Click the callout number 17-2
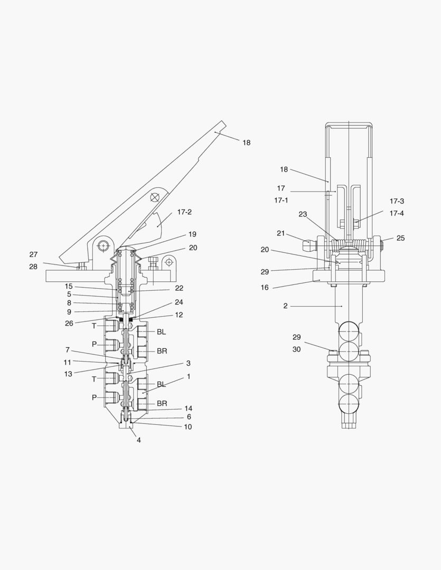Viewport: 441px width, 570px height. tap(184, 212)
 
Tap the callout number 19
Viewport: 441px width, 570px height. tap(192, 234)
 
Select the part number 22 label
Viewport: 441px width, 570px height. tap(179, 288)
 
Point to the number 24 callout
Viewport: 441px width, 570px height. tap(179, 302)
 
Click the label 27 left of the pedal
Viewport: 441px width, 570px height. tap(33, 254)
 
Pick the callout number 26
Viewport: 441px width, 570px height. tap(69, 323)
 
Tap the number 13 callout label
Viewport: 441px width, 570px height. tap(68, 374)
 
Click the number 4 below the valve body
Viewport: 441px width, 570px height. tap(138, 440)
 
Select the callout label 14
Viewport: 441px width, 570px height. tap(188, 408)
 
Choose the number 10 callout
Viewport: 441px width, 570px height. tap(187, 427)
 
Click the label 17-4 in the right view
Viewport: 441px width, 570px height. tap(397, 213)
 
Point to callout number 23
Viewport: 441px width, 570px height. tap(303, 214)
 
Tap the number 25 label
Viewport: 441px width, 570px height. tap(400, 238)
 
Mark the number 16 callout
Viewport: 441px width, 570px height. tap(265, 288)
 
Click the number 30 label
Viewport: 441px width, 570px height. tap(296, 349)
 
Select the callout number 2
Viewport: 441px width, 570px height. tap(285, 306)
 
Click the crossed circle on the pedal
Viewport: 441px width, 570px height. tap(155, 197)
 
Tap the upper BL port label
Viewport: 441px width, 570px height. tap(161, 332)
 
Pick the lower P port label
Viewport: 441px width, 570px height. tap(94, 398)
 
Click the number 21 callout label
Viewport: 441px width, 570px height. tap(280, 233)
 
